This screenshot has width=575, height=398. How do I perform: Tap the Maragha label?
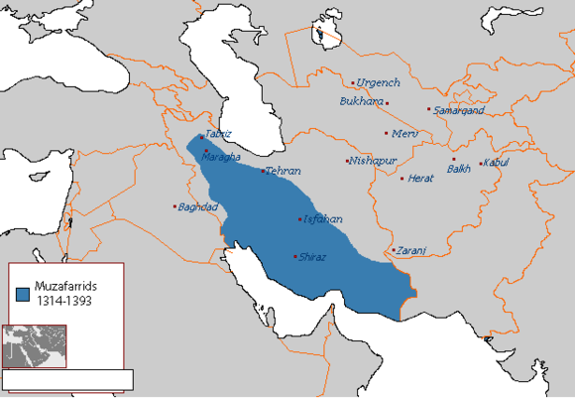pyautogui.click(x=220, y=157)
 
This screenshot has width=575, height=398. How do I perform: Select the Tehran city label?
pyautogui.click(x=283, y=171)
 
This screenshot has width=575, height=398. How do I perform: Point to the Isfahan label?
pyautogui.click(x=322, y=218)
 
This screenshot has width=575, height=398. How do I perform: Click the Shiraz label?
pyautogui.click(x=312, y=257)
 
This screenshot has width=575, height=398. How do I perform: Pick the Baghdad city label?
pyautogui.click(x=197, y=206)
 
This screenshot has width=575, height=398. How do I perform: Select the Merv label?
pyautogui.click(x=405, y=133)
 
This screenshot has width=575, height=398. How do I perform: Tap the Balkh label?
pyautogui.click(x=460, y=170)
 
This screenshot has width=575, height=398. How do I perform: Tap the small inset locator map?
pyautogui.click(x=35, y=345)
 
